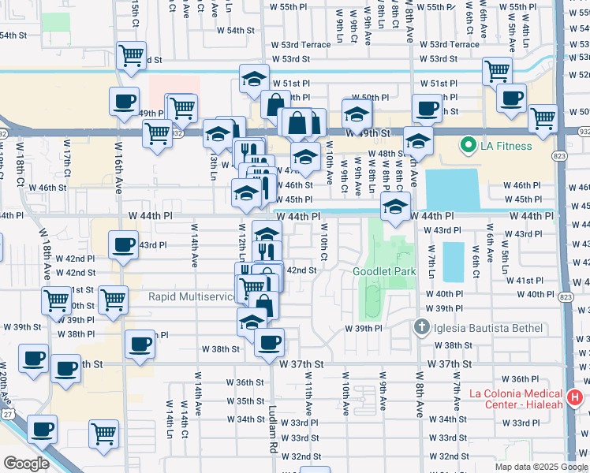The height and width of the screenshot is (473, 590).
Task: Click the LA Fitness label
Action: [504, 146]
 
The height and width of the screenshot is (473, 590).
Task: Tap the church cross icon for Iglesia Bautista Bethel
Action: [422, 327]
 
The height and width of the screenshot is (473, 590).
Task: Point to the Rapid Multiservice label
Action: [192, 296]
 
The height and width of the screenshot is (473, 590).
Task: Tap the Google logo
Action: [26, 464]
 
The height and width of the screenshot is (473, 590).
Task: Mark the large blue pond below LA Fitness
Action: [453, 190]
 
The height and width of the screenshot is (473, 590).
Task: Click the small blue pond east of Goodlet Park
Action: [454, 262]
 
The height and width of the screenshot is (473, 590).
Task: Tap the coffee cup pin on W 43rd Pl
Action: [122, 245]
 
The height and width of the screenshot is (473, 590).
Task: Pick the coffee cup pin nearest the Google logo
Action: [42, 430]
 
